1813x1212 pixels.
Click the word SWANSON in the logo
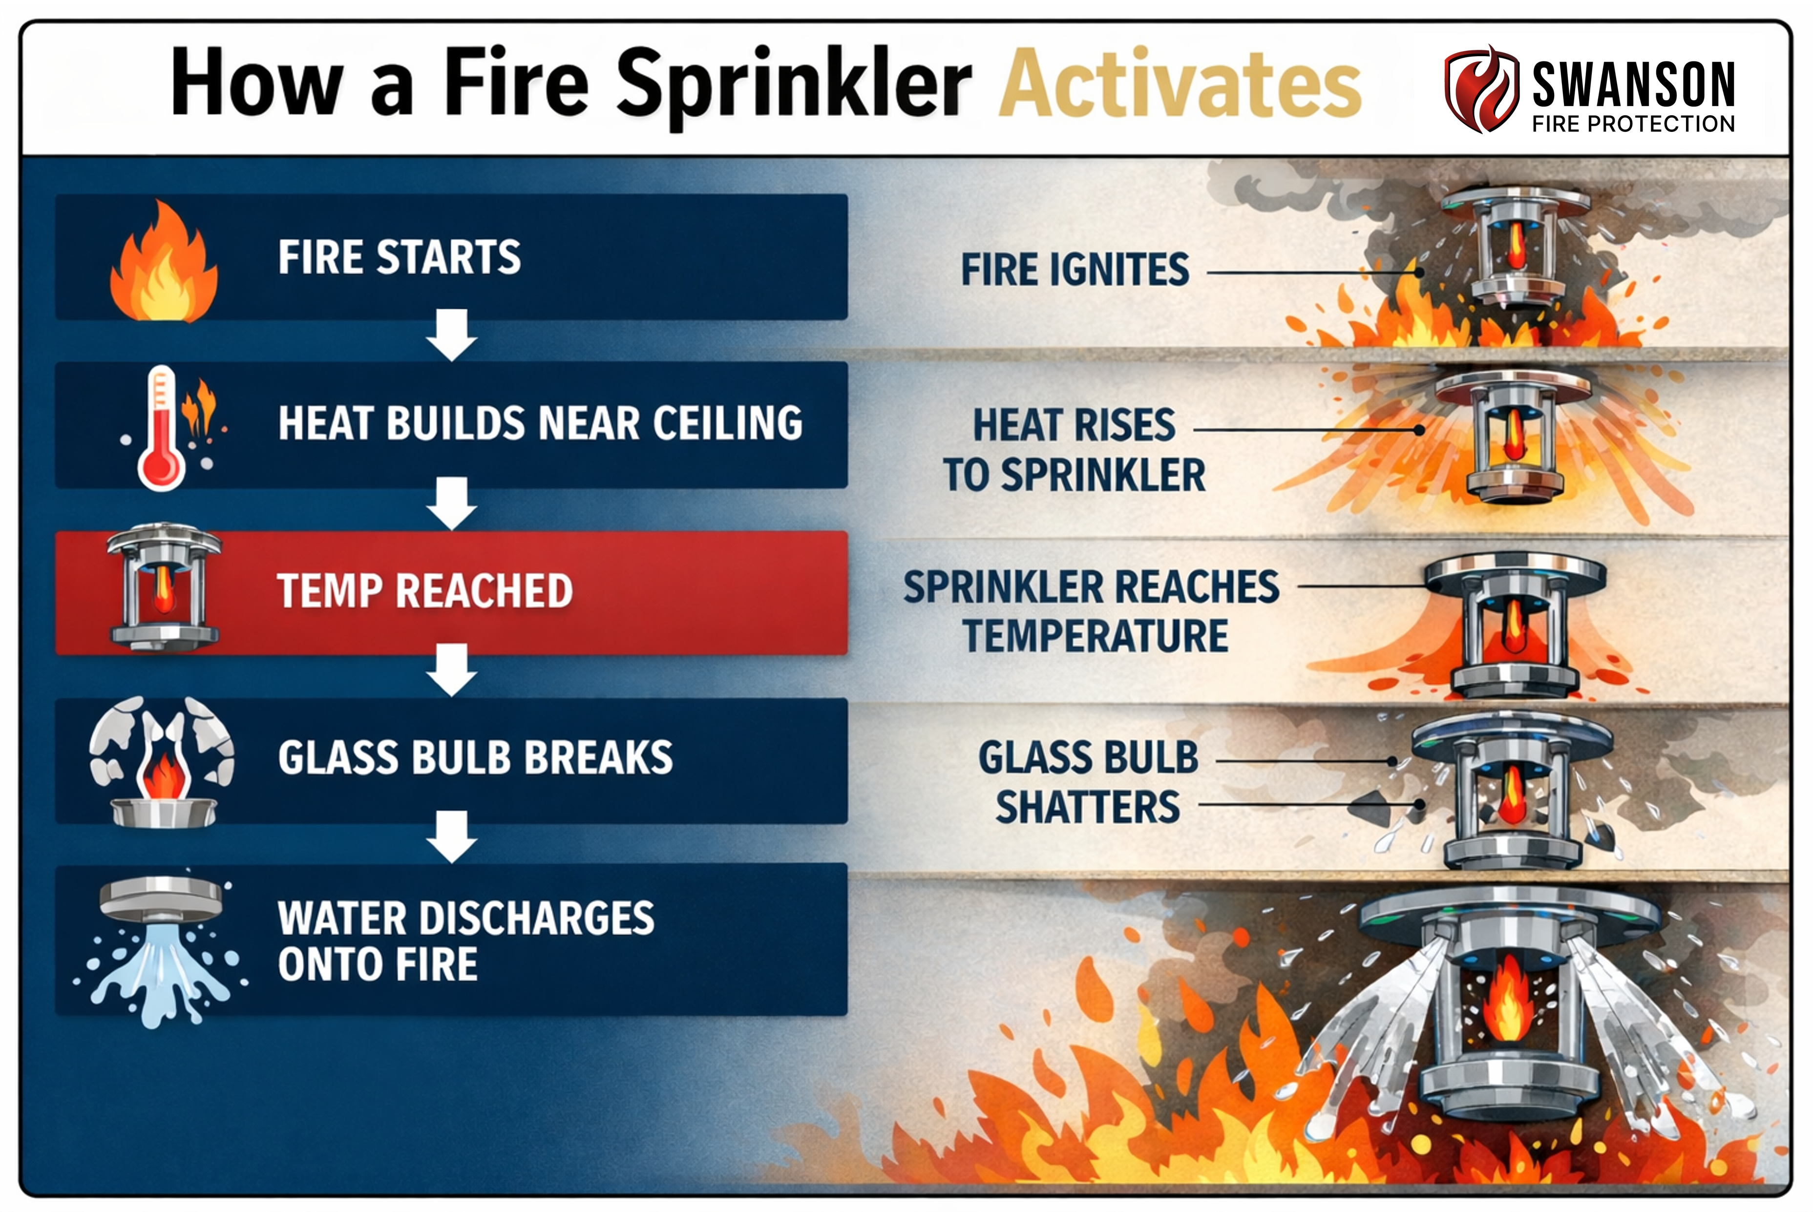[1634, 84]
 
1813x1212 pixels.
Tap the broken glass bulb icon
[162, 761]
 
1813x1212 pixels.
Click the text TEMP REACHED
[424, 591]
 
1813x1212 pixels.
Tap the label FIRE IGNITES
[1075, 270]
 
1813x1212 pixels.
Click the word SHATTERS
[1088, 808]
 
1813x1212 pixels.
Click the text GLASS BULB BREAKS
[476, 757]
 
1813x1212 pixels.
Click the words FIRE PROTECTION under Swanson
[1634, 124]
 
